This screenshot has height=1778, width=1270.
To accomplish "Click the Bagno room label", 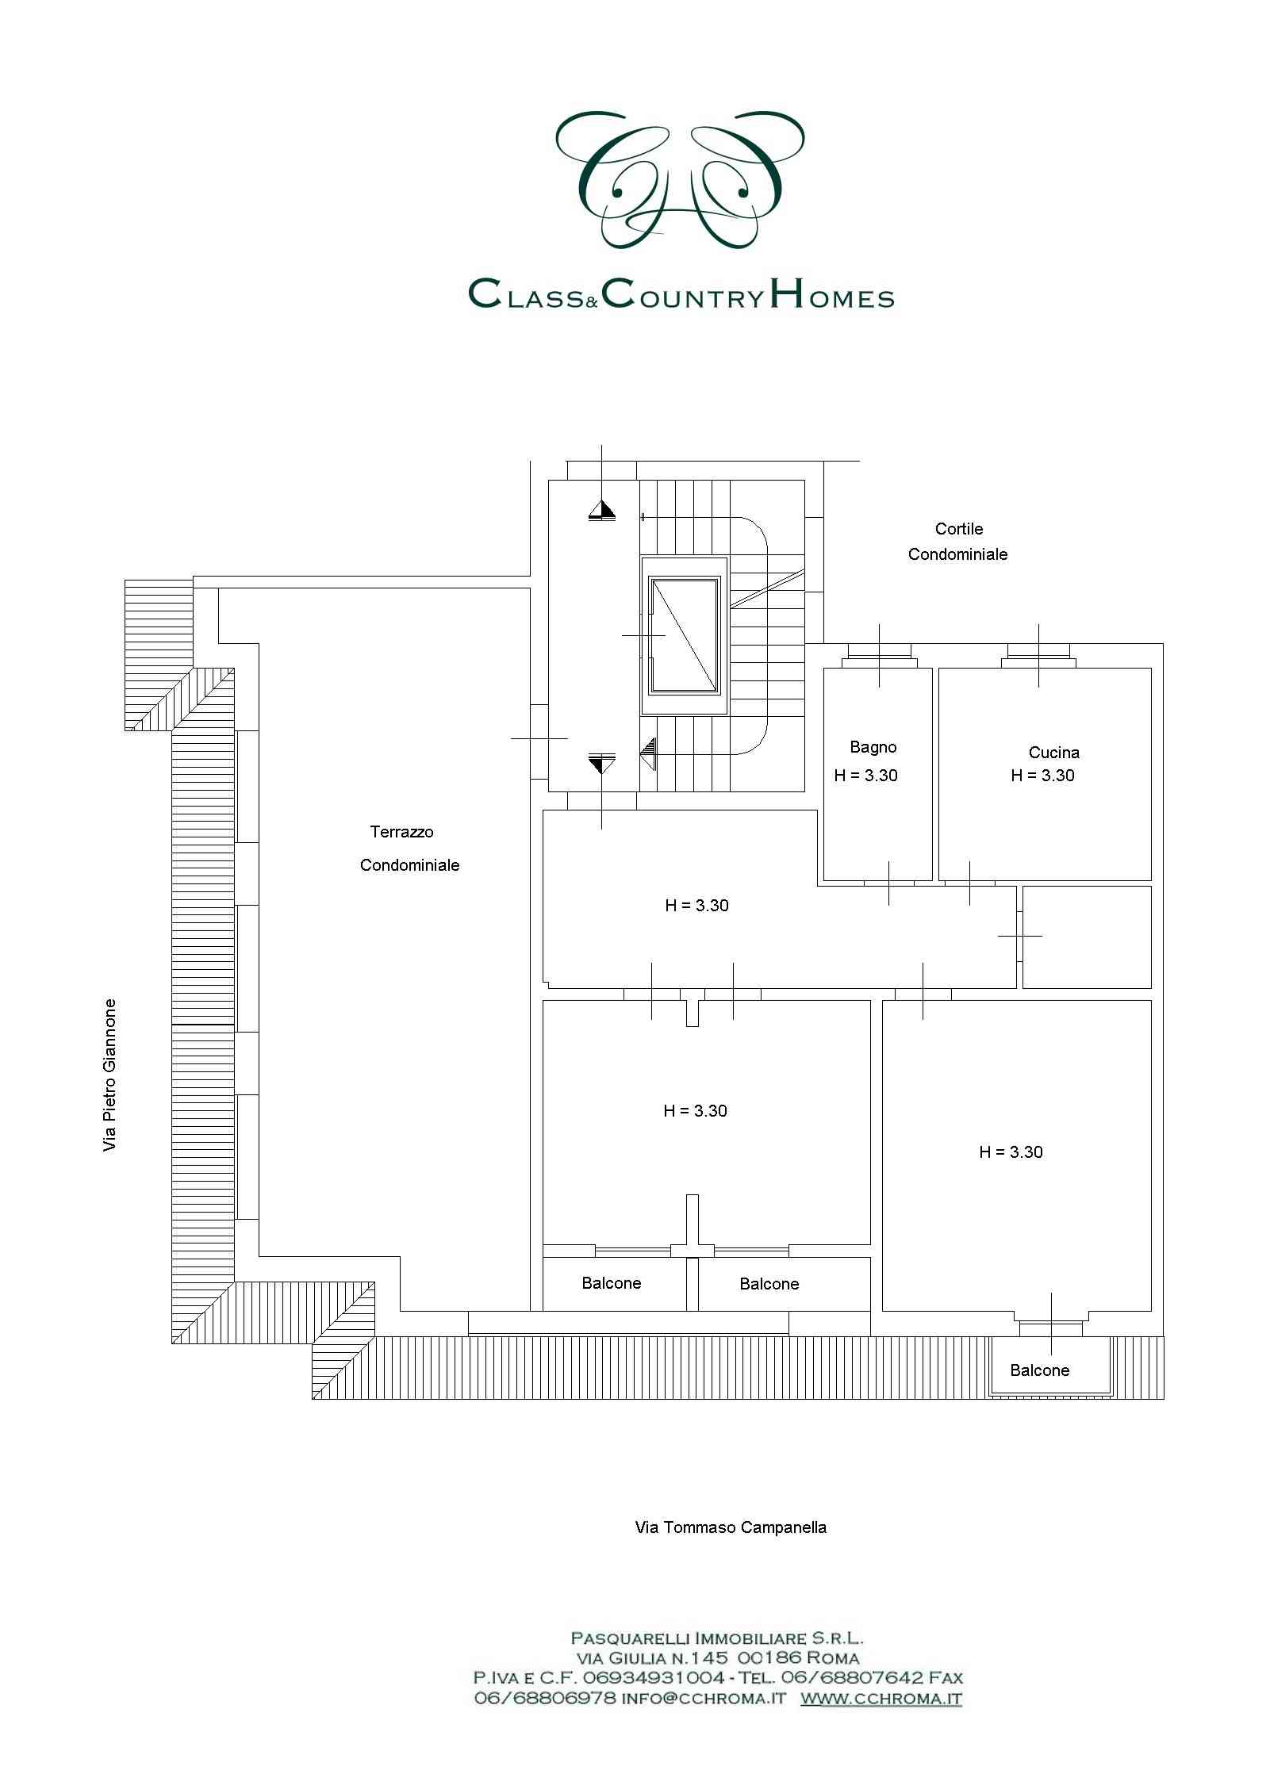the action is click(873, 746).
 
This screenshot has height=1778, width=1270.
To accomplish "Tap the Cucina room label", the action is click(1053, 753).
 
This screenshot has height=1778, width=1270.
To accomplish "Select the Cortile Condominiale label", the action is click(957, 542).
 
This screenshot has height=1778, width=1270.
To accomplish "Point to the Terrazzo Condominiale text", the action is click(409, 849).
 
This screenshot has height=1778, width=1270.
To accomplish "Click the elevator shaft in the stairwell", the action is click(684, 635).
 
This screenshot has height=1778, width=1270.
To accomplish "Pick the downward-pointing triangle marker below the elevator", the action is click(602, 764).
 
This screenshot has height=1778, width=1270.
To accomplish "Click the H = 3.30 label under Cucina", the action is click(1042, 776).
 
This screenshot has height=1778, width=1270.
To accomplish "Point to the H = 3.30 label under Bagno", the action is click(865, 776).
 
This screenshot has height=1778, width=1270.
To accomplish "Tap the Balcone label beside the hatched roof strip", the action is click(1039, 1370).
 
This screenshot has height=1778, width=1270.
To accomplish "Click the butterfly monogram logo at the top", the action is click(681, 179).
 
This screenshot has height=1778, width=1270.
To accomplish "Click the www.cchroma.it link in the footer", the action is click(881, 1698).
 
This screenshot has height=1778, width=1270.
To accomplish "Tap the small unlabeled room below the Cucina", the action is click(1086, 937).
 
